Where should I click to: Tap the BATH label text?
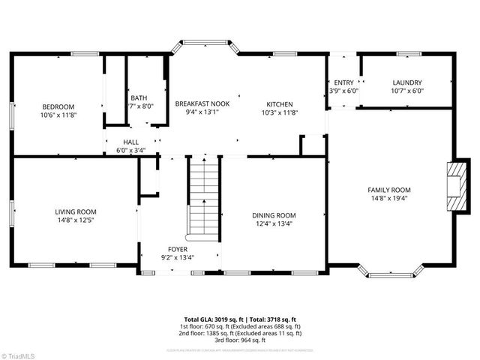click(139, 97)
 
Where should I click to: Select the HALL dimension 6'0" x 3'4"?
click(130, 150)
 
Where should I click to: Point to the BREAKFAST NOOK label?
click(202, 103)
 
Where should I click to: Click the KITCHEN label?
click(280, 103)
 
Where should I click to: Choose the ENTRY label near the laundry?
click(343, 82)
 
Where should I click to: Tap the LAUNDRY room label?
click(407, 82)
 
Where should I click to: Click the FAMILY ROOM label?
click(388, 190)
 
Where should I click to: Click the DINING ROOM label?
click(273, 214)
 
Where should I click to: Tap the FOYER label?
click(178, 249)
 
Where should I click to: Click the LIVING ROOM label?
click(75, 211)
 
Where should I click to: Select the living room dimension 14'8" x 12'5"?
click(75, 220)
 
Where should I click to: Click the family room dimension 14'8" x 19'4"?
click(388, 199)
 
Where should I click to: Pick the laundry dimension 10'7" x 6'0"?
click(407, 91)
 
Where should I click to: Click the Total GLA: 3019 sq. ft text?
click(214, 319)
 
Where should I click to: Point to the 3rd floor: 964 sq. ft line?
click(239, 340)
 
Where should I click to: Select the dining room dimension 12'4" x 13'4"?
click(273, 223)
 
